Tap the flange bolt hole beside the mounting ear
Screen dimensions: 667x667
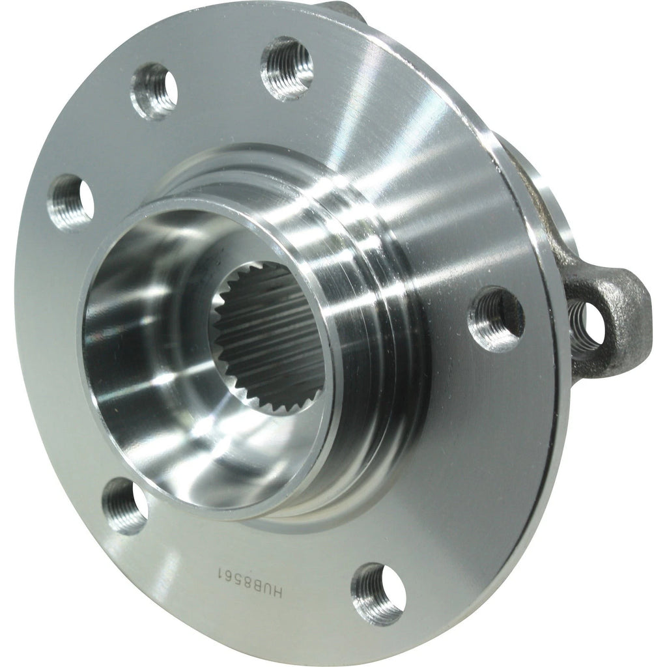(496, 319)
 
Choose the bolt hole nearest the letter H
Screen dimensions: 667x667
(377, 593)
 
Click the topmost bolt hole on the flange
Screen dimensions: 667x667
(287, 68)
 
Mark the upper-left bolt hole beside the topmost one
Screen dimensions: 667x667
(154, 90)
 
